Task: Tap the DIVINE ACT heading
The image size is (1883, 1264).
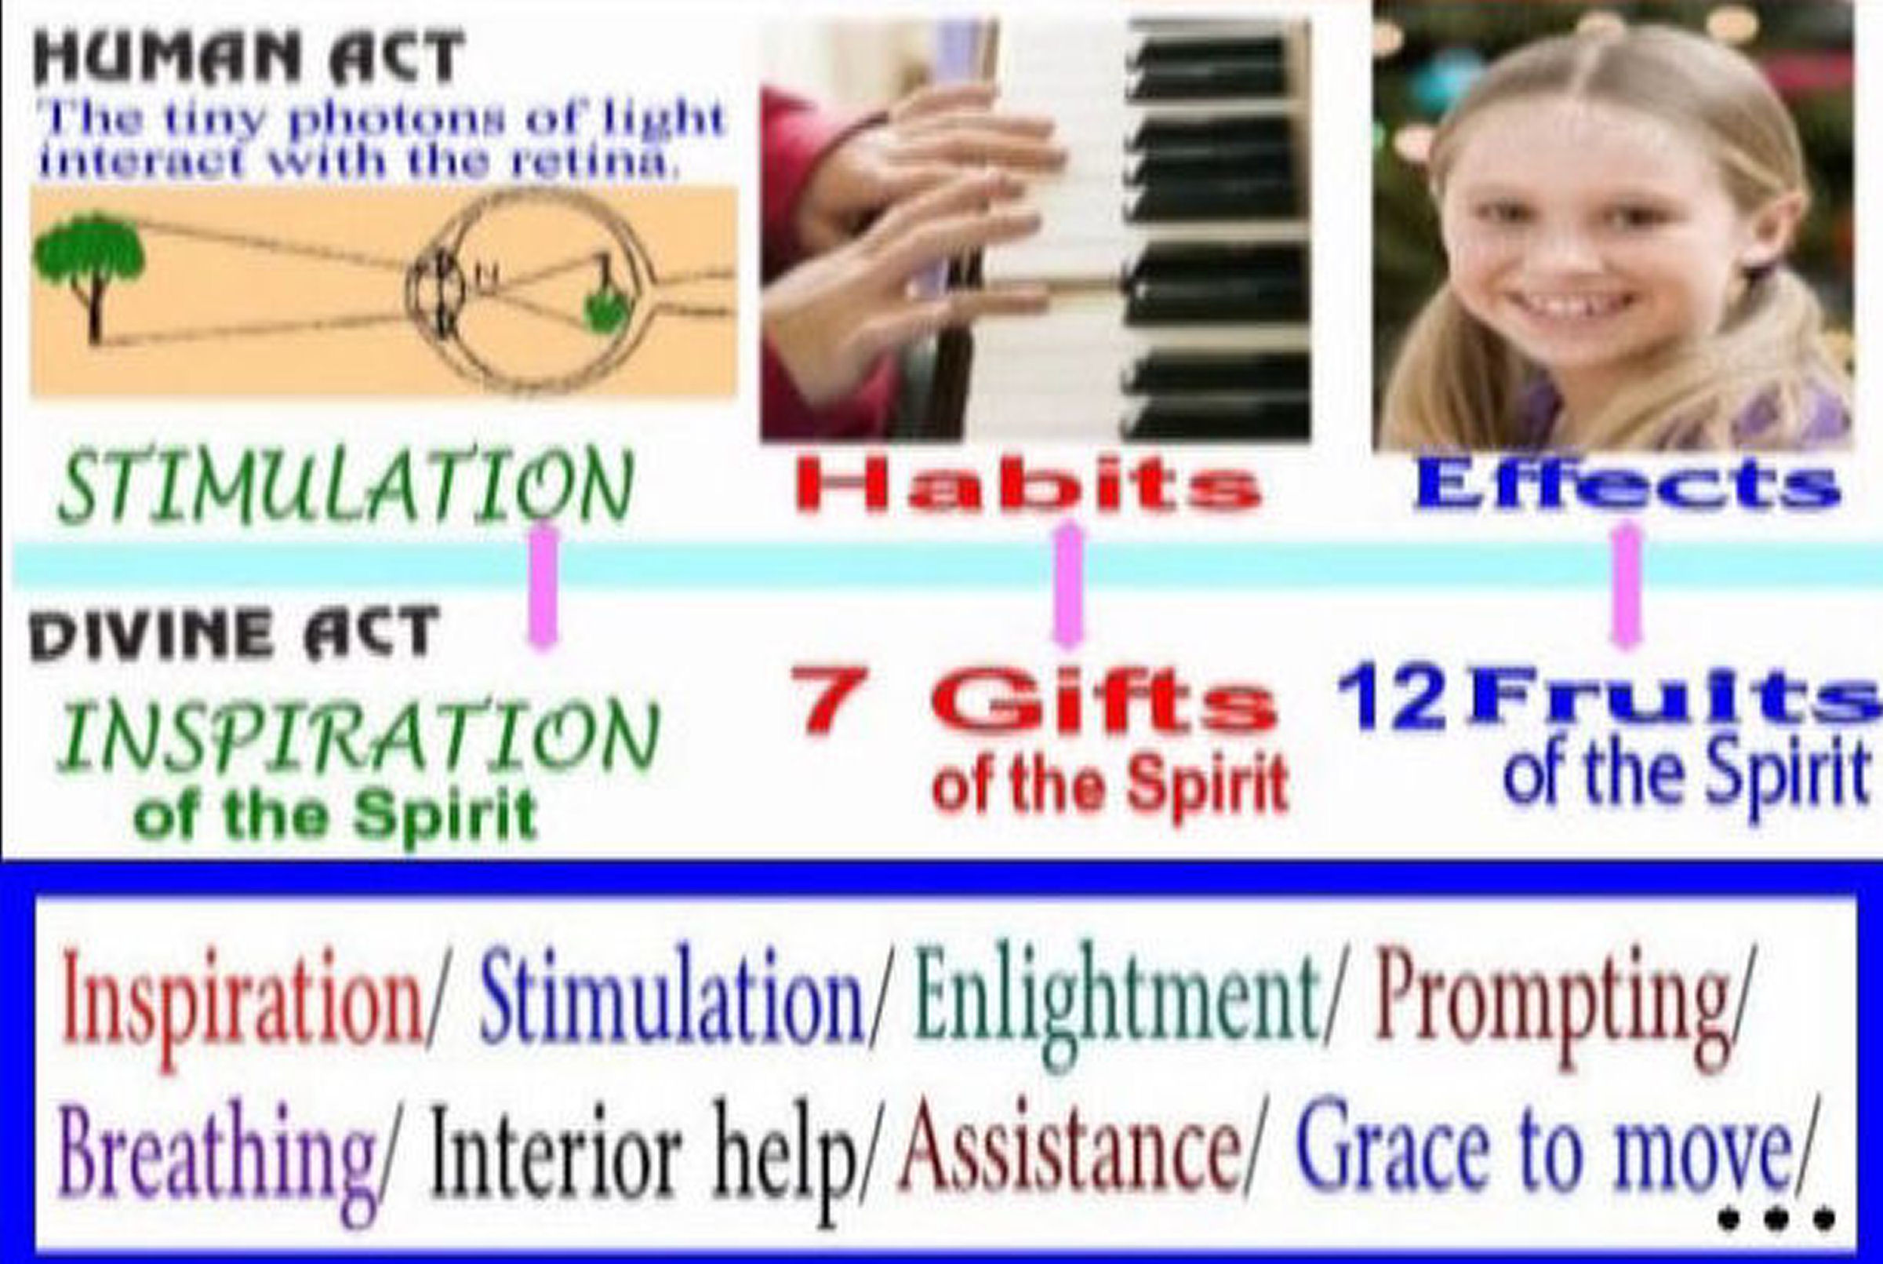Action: tap(234, 635)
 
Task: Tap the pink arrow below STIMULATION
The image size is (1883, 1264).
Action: tap(543, 586)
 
